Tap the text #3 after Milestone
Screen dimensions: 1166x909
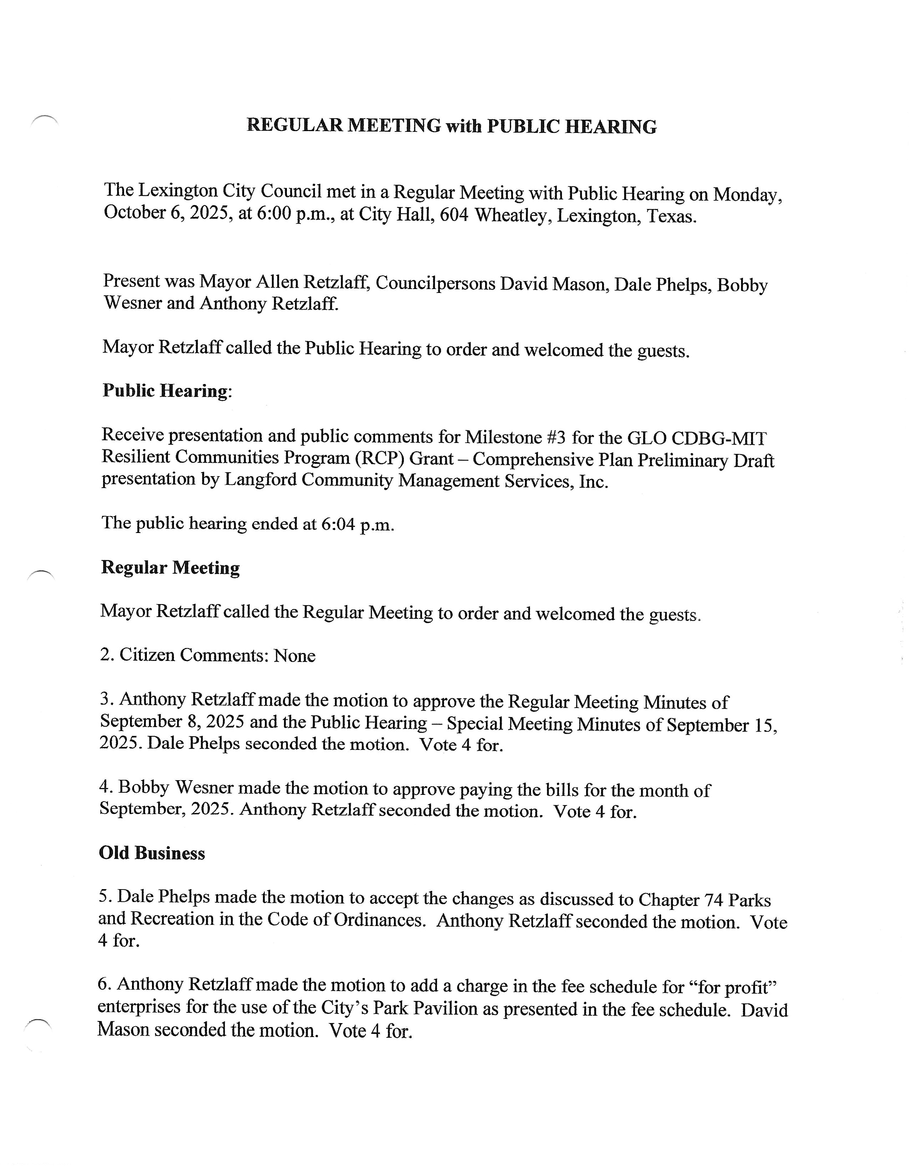point(556,438)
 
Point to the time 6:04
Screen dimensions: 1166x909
point(338,524)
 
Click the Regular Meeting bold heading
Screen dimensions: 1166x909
point(170,568)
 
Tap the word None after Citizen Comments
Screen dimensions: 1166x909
point(294,655)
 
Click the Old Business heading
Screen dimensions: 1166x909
point(151,853)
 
